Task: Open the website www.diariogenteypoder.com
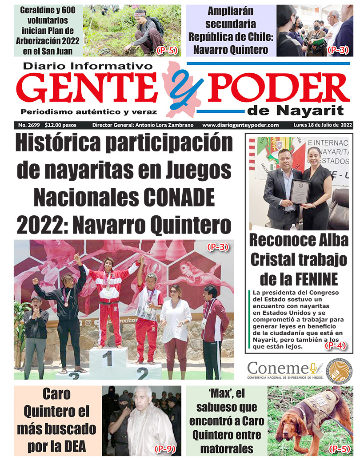click(x=240, y=125)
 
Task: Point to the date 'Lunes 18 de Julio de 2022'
click(x=323, y=125)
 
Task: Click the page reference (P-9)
click(x=165, y=449)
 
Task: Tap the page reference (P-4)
click(x=336, y=345)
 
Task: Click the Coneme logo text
click(x=278, y=369)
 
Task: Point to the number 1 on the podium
click(x=107, y=358)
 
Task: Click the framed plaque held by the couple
click(x=300, y=191)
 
